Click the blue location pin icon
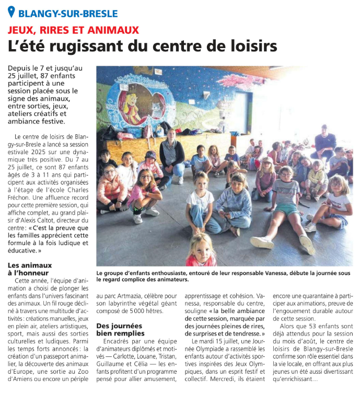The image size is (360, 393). point(11,12)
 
